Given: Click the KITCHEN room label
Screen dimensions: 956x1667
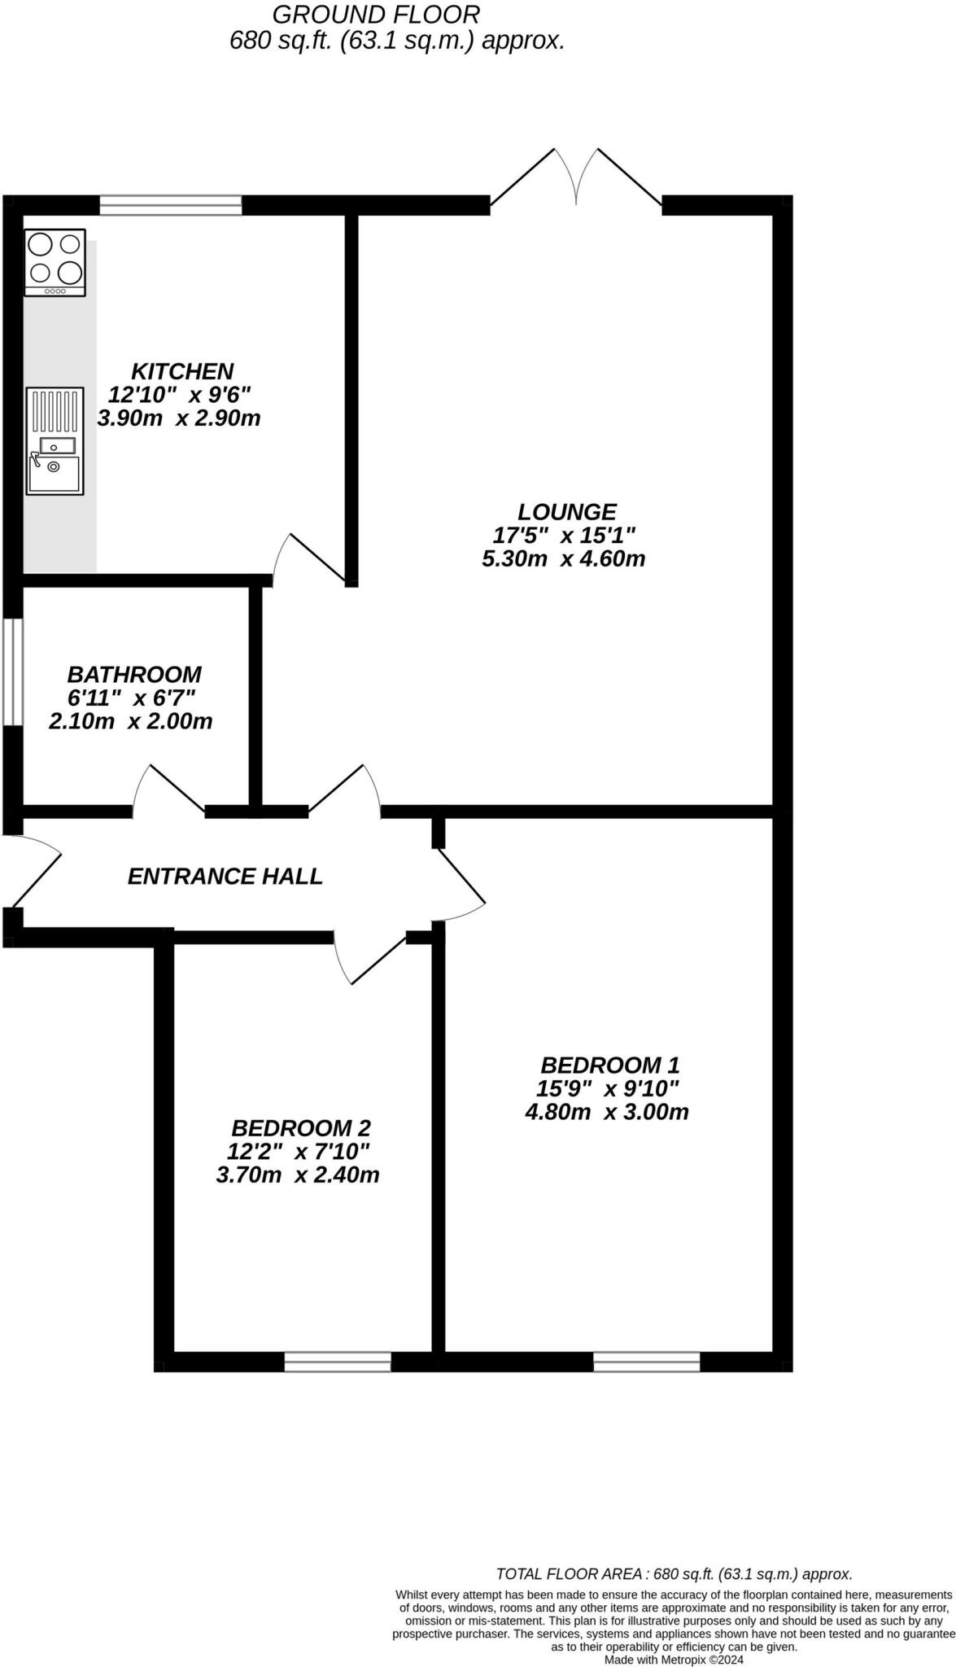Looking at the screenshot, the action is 182,371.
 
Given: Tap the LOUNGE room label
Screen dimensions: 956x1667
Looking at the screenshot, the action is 567,512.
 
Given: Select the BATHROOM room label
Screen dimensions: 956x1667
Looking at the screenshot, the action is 134,675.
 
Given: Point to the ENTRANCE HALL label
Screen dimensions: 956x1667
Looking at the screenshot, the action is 225,877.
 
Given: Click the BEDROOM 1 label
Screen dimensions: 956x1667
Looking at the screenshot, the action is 609,1065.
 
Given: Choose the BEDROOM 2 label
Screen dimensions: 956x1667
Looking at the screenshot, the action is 301,1128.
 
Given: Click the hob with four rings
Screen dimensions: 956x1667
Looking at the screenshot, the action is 55,262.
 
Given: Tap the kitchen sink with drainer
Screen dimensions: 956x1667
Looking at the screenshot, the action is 55,440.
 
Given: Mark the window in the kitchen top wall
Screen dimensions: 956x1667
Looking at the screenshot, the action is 171,205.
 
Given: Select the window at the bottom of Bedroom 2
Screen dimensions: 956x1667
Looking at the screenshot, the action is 338,1361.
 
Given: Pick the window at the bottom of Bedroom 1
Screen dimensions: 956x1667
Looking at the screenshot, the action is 647,1361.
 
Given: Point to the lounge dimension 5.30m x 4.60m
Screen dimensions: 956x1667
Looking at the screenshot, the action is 564,559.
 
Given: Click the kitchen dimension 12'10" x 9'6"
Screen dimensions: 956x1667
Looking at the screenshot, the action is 180,395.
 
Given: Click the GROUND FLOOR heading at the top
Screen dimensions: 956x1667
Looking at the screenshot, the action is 376,14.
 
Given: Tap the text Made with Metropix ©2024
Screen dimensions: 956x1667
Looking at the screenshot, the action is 674,1660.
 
